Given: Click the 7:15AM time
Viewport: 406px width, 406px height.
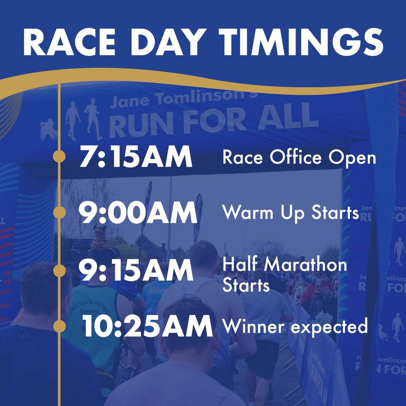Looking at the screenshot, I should pyautogui.click(x=136, y=157).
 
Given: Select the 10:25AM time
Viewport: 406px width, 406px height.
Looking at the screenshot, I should pyautogui.click(x=148, y=327).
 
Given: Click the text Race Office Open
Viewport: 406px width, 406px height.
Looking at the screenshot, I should pyautogui.click(x=299, y=158).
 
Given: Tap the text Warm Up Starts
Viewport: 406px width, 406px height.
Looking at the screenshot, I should pyautogui.click(x=290, y=213).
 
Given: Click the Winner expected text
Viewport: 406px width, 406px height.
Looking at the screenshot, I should pyautogui.click(x=294, y=326).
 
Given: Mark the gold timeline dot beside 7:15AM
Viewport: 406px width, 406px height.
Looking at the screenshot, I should pyautogui.click(x=60, y=157).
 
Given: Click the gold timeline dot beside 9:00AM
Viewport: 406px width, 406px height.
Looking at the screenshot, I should pyautogui.click(x=60, y=212).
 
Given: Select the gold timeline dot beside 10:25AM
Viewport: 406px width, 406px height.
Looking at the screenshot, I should pyautogui.click(x=60, y=326).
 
